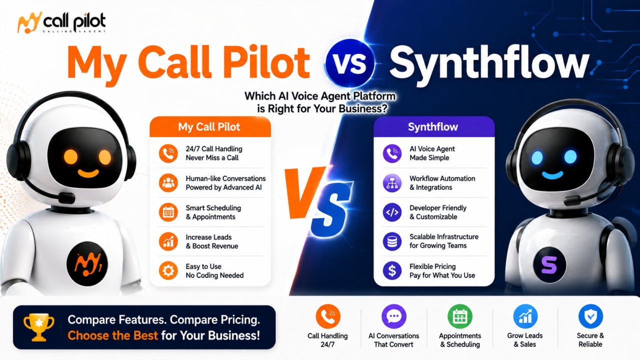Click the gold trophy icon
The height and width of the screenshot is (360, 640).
pos(39,327)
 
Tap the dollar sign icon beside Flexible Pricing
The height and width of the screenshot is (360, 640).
pos(392,270)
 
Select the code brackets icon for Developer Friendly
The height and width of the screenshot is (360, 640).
pos(392,212)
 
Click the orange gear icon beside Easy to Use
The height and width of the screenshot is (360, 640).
pos(168,270)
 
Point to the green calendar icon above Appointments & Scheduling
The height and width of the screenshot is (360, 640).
pos(459,316)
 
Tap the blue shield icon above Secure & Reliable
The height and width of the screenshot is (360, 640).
pos(590,316)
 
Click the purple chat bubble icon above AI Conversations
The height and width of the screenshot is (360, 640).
pos(394,316)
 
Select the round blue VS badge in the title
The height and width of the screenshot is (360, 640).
pos(349,63)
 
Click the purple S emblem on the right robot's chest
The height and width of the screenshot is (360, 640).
pos(549,265)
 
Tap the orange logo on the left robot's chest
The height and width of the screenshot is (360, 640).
pos(87,263)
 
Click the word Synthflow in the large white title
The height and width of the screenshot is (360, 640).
pos(489,64)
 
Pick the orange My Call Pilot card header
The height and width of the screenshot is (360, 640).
pos(210,126)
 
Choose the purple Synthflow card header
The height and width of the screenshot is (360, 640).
pos(434,126)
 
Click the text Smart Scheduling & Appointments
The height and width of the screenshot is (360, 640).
pos(213,212)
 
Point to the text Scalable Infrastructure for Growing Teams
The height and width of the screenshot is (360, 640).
pos(444,241)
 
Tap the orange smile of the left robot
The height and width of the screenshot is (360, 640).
pos(88,173)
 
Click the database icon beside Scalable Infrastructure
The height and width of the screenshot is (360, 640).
pos(392,241)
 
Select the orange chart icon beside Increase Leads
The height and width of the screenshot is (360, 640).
pos(168,241)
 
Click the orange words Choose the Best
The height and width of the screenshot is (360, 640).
pos(112,335)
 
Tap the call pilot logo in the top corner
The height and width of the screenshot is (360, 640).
pos(61,22)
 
